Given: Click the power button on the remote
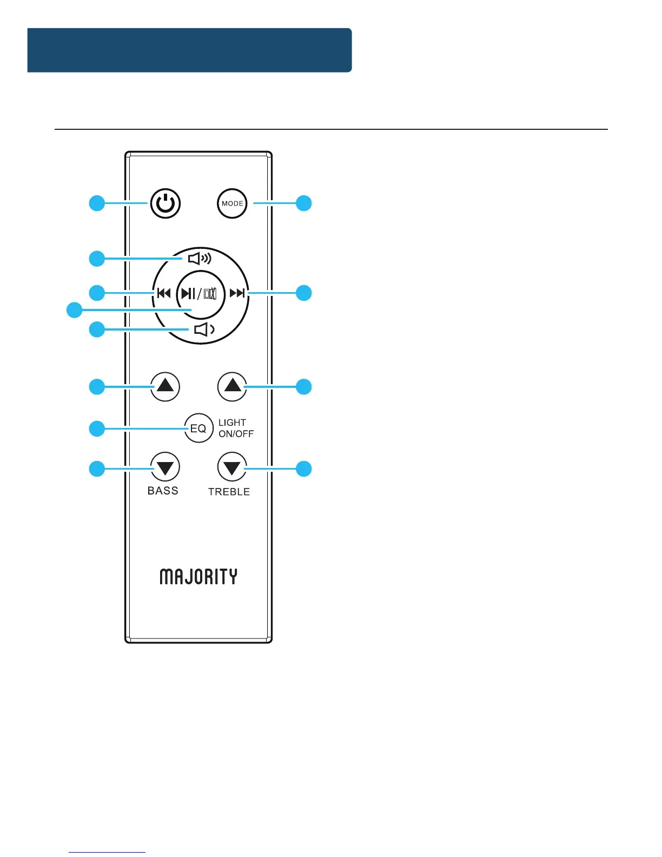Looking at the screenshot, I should tap(165, 204).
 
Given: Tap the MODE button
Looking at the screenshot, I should tap(232, 203).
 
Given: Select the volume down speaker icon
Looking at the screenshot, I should tap(204, 329).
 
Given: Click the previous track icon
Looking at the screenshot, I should tap(164, 293).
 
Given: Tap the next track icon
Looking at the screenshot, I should tap(237, 293).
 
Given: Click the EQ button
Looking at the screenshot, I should tap(198, 428).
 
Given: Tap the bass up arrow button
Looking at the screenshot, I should tap(165, 386).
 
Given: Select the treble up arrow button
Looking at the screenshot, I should tap(232, 386).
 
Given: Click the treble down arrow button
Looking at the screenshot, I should tap(232, 467).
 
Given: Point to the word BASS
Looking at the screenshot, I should tap(163, 491).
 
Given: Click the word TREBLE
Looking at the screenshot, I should tap(229, 492).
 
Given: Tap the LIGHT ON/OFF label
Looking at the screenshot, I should tap(236, 428).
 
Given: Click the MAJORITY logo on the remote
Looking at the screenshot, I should tap(198, 577).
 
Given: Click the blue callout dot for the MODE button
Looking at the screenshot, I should tap(304, 203).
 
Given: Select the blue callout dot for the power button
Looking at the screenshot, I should tap(97, 203).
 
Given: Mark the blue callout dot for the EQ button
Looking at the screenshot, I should tap(97, 428).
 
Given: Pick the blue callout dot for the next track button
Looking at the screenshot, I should tap(304, 293).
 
